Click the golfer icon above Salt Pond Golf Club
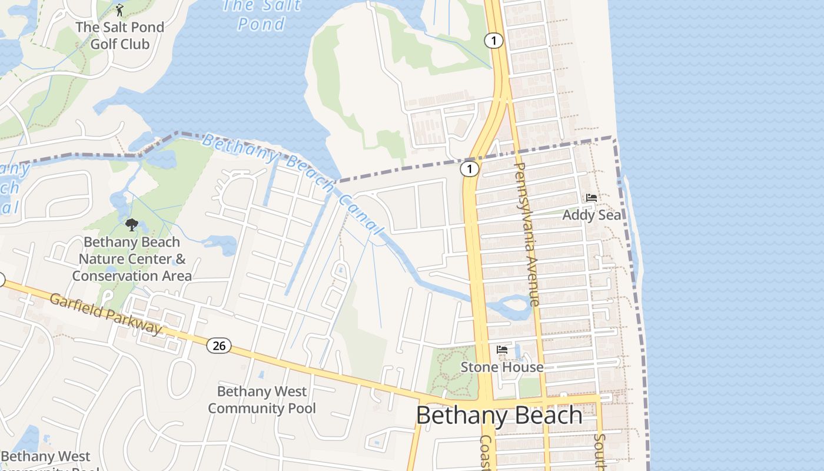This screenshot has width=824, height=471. [119, 10]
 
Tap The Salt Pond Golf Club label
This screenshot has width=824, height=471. [119, 35]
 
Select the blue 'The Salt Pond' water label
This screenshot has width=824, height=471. [262, 15]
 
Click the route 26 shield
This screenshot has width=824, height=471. [218, 346]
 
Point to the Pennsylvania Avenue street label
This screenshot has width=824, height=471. [527, 234]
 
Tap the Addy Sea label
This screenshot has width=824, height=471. [592, 215]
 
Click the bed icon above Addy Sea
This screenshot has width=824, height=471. [592, 198]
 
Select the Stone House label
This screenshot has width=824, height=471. [501, 367]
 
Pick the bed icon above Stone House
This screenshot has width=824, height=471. [501, 350]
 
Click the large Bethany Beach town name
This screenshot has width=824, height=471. [499, 416]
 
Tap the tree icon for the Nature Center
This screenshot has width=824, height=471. [132, 224]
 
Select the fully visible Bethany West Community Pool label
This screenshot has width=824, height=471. [262, 400]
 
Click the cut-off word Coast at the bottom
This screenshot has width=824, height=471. [486, 453]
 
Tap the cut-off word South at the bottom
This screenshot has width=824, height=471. [600, 453]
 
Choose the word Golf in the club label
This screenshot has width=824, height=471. [104, 44]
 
